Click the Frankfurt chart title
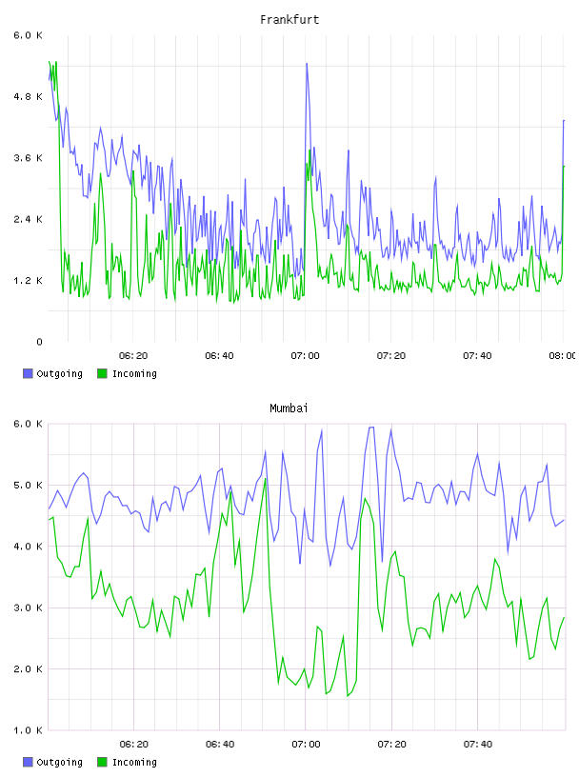[x=289, y=20]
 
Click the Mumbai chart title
[x=289, y=408]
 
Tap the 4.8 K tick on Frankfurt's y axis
[x=28, y=96]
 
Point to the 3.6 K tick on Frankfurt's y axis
[x=28, y=158]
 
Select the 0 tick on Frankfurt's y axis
[x=39, y=342]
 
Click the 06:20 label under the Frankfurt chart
[x=133, y=356]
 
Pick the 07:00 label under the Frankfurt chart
[x=306, y=356]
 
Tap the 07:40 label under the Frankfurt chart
[x=477, y=356]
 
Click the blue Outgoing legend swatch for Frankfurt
[x=28, y=373]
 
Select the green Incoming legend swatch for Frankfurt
[x=102, y=373]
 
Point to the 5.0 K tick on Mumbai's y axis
[x=28, y=485]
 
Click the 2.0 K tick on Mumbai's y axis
[x=28, y=669]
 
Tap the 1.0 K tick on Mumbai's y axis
[x=28, y=730]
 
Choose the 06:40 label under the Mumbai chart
[x=220, y=745]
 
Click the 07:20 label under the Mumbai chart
[x=391, y=745]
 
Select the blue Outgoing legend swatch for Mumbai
[x=28, y=762]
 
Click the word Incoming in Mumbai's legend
[x=134, y=763]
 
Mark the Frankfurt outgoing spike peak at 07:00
[x=307, y=64]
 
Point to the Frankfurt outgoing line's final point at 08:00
[x=564, y=120]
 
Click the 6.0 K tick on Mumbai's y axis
[x=28, y=424]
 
